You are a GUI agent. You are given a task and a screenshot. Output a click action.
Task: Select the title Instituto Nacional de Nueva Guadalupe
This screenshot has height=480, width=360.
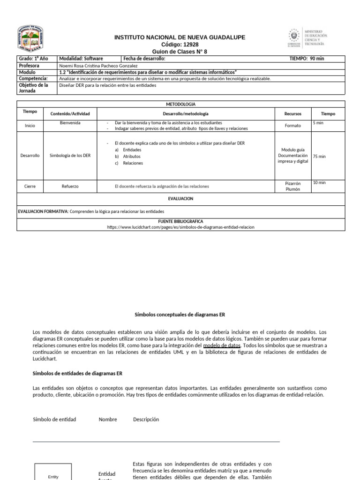tap(180, 37)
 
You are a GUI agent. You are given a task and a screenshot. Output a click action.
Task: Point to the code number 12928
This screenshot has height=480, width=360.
tap(180, 44)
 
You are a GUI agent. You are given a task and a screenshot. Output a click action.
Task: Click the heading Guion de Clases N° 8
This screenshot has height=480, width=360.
tap(180, 51)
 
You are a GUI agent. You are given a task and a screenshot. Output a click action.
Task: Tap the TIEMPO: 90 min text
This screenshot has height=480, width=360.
tap(307, 59)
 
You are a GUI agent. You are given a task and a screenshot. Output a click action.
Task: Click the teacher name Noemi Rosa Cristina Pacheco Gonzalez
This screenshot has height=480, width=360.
tap(98, 66)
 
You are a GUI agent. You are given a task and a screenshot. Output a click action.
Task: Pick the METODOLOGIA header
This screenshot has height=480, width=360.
tap(180, 104)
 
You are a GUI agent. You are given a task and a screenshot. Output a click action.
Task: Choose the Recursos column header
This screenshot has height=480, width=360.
tap(292, 114)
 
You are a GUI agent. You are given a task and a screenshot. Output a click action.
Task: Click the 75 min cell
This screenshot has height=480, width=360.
tap(319, 157)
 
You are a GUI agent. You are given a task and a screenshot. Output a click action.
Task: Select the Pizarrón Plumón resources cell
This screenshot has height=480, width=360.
tap(292, 186)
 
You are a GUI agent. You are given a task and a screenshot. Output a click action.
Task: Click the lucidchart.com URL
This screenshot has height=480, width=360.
tap(181, 227)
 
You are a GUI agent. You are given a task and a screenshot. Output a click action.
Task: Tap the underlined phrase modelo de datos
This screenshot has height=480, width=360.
tap(222, 345)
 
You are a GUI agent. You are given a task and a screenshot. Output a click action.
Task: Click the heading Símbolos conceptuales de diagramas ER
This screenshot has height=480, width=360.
tap(180, 315)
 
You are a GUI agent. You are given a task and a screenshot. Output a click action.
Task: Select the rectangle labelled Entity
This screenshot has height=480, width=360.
tap(53, 472)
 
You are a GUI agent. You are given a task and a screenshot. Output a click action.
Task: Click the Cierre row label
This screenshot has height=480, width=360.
tap(30, 186)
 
